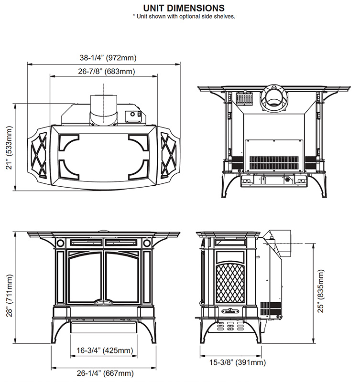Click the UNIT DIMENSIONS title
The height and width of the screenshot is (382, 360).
(184, 8)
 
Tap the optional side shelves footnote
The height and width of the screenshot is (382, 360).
(184, 17)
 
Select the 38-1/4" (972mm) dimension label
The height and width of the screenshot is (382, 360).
(108, 58)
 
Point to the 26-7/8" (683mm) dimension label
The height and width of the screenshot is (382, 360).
(107, 71)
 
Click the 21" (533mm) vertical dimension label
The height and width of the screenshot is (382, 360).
(9, 148)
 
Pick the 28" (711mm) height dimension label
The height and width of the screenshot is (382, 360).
(9, 296)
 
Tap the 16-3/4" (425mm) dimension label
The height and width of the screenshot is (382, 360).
(105, 350)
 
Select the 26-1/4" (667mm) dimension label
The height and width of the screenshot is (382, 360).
(105, 373)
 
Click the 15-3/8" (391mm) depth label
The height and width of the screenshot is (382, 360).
(238, 362)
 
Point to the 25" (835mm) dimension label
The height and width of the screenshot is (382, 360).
(321, 291)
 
